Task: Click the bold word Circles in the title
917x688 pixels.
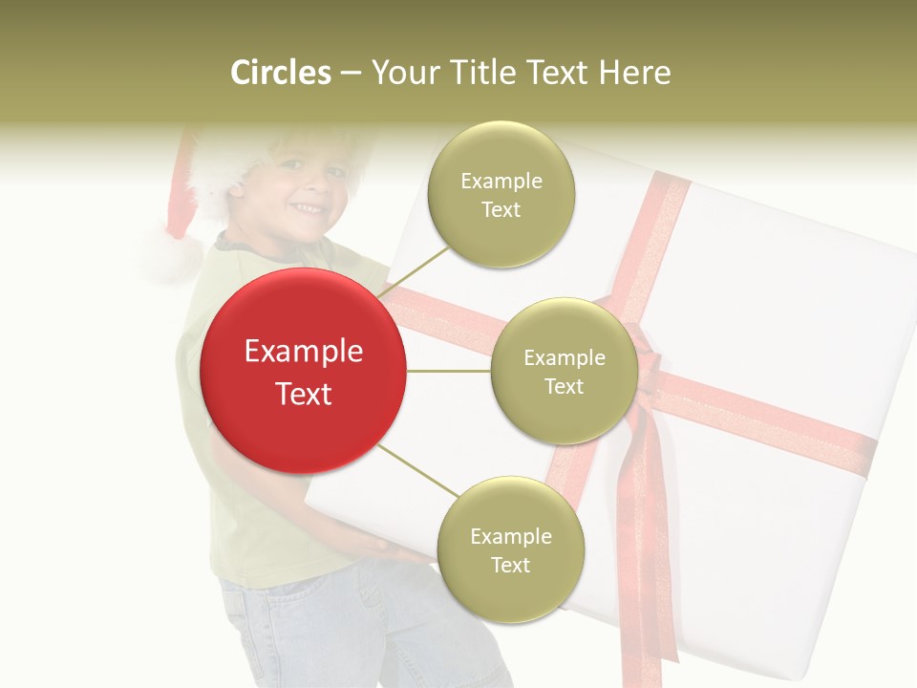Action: point(281,73)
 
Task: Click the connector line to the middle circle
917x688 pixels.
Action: point(448,371)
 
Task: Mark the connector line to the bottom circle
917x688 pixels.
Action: point(417,470)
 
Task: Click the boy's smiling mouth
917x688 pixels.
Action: point(306,207)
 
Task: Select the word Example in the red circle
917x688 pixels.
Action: point(303,352)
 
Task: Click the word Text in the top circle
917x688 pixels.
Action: point(501,209)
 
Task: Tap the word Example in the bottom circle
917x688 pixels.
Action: point(510,536)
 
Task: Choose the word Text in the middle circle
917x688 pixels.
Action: point(564,386)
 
